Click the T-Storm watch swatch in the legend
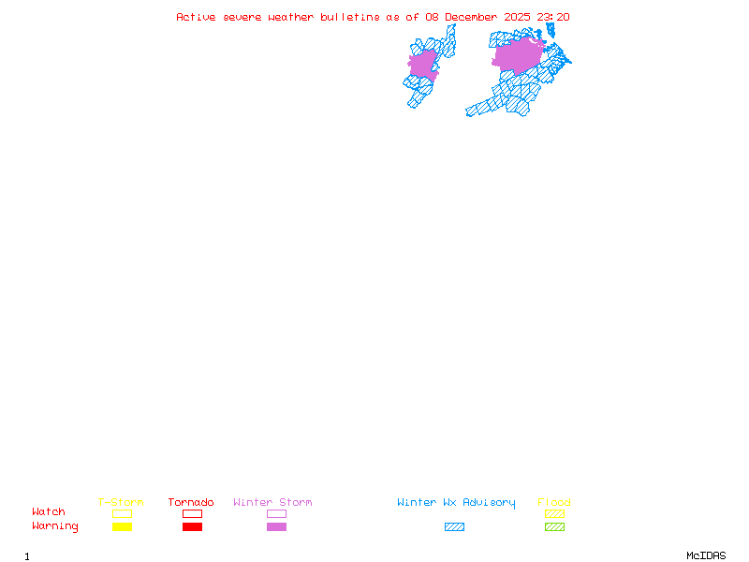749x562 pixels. point(122,513)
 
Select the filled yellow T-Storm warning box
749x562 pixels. point(122,526)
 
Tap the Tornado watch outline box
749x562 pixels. point(192,513)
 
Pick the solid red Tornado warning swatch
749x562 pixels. point(192,526)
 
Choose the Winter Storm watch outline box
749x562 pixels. point(276,513)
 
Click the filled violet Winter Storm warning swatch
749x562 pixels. point(276,526)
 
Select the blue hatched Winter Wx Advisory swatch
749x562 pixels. point(454,526)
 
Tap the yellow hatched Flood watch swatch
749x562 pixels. point(554,513)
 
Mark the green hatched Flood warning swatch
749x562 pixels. point(554,526)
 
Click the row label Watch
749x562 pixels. point(49,512)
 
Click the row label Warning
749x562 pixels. point(55,526)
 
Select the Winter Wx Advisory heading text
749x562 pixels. point(456,503)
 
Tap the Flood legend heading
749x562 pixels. point(554,503)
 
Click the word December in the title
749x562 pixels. point(474,17)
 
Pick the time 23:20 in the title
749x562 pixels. point(553,17)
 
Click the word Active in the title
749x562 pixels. point(196,17)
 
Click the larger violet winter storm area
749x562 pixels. point(517,55)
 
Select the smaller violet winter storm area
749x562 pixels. point(423,64)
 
